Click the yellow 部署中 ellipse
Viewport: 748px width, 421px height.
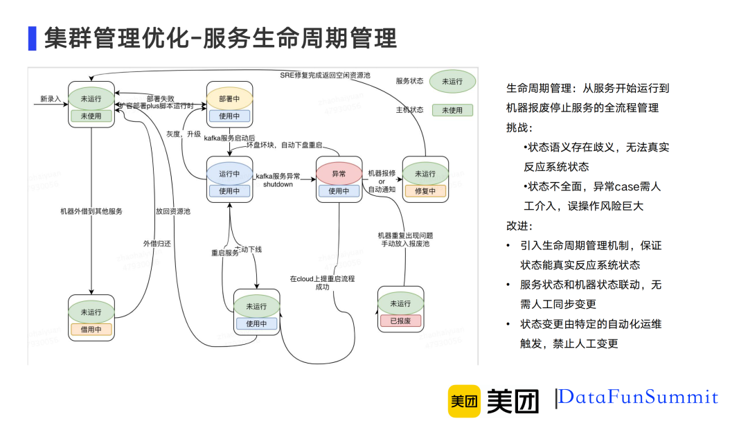229,98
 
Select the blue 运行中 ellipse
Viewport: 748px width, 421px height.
229,174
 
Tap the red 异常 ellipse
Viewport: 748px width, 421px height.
339,174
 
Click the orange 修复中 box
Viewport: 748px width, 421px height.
425,191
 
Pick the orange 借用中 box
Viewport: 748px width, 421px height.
91,330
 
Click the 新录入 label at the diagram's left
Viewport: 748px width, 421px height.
51,99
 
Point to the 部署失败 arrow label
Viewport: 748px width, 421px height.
160,98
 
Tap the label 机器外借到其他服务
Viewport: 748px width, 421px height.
91,211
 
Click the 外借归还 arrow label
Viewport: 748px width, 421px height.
156,243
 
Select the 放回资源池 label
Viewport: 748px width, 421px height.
172,211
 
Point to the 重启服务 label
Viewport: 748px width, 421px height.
224,253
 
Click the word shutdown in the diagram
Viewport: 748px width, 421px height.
278,184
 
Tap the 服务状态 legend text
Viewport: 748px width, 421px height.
409,81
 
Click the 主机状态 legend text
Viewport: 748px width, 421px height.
409,110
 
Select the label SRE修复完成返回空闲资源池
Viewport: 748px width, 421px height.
325,74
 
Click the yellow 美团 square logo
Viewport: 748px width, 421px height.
464,401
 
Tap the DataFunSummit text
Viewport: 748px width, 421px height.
638,397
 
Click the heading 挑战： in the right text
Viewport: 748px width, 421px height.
519,128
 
